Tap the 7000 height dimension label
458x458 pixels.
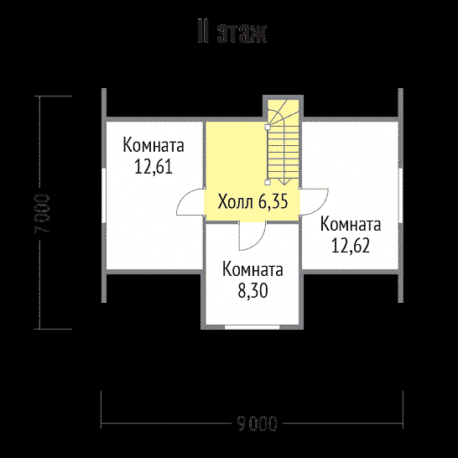[x=43, y=215]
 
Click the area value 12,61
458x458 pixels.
[x=153, y=166]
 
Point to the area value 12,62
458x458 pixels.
[x=351, y=246]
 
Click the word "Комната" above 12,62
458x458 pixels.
[x=351, y=225]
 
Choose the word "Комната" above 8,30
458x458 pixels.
[x=252, y=271]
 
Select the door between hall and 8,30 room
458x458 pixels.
[x=252, y=235]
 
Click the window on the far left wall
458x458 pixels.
[x=103, y=197]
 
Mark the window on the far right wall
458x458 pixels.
[x=401, y=197]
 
